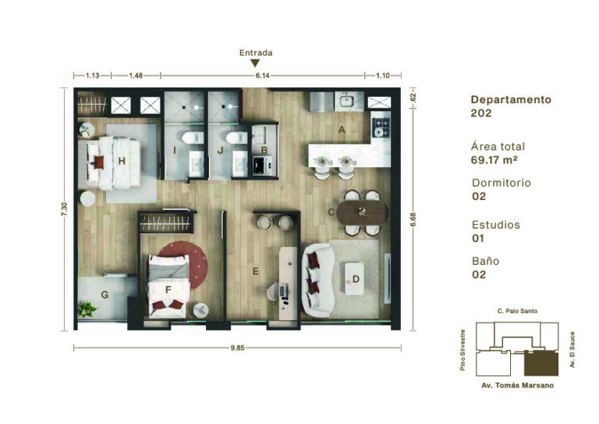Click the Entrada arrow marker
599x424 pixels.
point(255,63)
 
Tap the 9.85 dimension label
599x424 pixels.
point(237,348)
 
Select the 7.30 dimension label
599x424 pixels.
point(64,209)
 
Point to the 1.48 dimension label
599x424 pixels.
point(136,76)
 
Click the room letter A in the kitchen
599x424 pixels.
point(342,130)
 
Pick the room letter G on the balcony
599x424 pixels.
point(105,295)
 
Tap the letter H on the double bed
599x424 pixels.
point(122,161)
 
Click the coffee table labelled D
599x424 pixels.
point(354,278)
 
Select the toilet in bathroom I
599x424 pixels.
point(193,137)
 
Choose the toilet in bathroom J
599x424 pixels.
point(236,137)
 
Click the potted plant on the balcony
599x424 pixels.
point(87,309)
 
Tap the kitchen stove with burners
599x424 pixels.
point(381,128)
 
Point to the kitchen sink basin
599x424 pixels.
point(347,102)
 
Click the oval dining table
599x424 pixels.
point(362,212)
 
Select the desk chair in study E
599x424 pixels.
point(272,293)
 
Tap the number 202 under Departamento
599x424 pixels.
point(481,113)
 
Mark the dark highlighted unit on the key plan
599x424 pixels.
point(541,363)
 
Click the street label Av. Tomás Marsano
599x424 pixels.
point(517,386)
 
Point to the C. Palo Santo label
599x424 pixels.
point(517,312)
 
